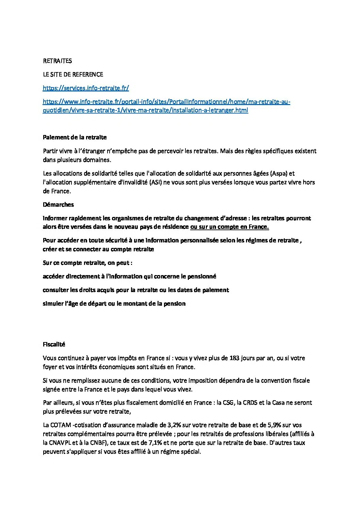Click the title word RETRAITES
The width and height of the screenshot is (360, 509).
[x=57, y=61]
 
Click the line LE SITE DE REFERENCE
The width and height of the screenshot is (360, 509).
[x=73, y=74]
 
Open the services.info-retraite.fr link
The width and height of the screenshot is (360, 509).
[x=86, y=88]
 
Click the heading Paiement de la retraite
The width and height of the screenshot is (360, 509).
[x=75, y=137]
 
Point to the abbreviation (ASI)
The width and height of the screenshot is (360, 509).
[x=156, y=182]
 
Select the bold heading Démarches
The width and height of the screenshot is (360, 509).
[x=58, y=205]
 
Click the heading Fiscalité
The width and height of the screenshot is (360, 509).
[x=54, y=344]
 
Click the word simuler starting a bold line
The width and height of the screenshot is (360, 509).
[x=53, y=304]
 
